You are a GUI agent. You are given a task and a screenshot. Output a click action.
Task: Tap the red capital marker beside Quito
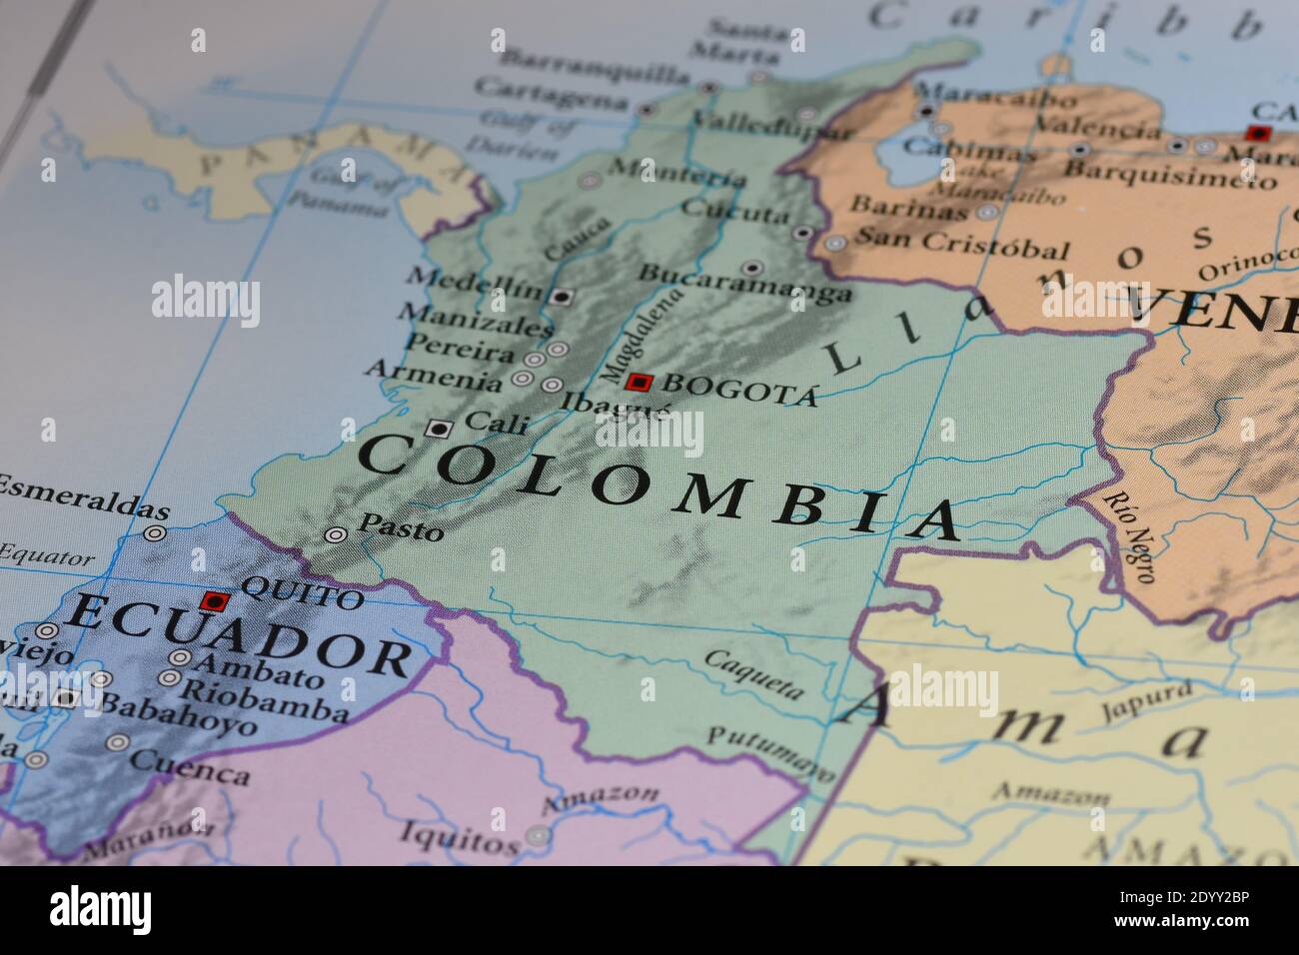(x=214, y=600)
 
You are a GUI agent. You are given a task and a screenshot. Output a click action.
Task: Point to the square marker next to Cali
(x=437, y=429)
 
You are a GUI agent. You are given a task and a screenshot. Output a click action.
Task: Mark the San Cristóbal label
(x=961, y=243)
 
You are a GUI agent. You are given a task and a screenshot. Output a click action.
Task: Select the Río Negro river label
(x=1130, y=534)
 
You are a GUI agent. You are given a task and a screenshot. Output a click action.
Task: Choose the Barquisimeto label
(x=1168, y=173)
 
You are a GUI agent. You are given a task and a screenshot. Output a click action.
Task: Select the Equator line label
(x=47, y=555)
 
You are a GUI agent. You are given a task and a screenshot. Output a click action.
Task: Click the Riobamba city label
(x=266, y=699)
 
